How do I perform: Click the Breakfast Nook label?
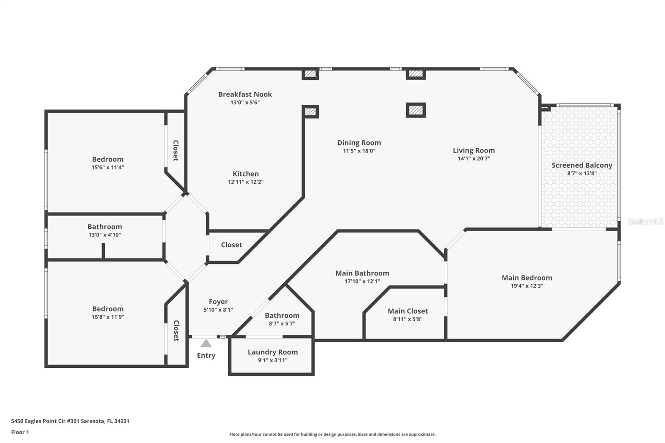point(245,94)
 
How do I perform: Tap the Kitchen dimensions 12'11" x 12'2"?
point(246,182)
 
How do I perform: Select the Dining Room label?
point(359,143)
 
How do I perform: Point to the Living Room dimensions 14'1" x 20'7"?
point(474,159)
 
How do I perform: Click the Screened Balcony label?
point(582,165)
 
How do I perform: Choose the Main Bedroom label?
point(527,278)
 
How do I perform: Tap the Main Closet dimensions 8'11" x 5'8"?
point(408,319)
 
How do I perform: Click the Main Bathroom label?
point(362,273)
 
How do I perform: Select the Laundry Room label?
point(273,352)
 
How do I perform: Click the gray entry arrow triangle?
point(206,344)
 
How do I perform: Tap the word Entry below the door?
point(206,355)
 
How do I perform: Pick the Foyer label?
point(218,302)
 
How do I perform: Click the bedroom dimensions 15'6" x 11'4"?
point(108,167)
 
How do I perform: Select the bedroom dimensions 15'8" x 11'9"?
point(108,317)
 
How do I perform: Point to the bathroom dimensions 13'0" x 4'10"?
point(104,235)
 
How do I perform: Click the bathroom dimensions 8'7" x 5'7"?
point(282,324)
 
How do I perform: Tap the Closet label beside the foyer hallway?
point(231,245)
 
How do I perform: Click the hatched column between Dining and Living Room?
point(416,110)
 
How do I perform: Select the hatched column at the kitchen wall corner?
point(310,112)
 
